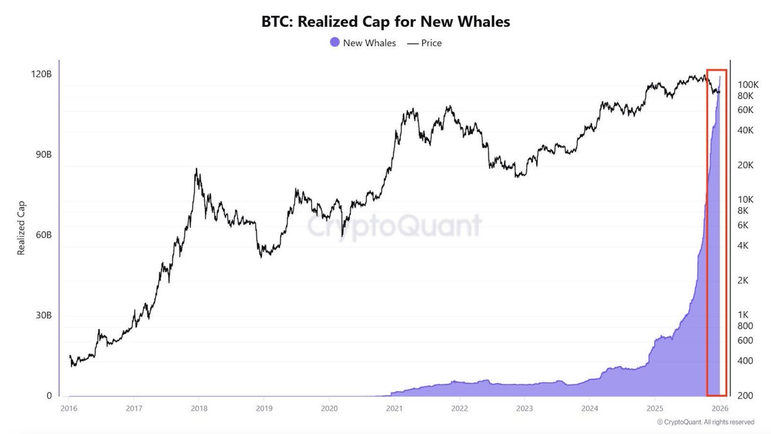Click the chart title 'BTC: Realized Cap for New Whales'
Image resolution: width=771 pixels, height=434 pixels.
coord(385,21)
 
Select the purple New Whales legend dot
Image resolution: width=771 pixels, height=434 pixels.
coord(334,43)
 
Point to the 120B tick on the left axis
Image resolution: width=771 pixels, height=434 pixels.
coord(42,74)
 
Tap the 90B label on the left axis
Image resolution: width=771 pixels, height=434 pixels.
coord(42,155)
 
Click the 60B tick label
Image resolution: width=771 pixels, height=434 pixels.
coord(42,235)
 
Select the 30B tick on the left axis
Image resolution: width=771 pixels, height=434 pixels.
coord(42,316)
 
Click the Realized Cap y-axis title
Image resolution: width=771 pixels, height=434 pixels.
coord(21,227)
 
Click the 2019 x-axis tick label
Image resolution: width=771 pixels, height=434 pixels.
coord(263,408)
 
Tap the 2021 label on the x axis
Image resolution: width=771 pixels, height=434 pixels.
coord(394,408)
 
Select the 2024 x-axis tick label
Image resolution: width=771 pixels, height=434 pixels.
coord(589,408)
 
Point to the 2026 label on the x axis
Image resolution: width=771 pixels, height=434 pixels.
coord(720,408)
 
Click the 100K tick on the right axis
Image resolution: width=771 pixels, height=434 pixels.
coord(749,85)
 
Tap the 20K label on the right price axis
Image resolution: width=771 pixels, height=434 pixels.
coord(747,165)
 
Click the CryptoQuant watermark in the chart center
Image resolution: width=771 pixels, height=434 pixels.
coord(393,226)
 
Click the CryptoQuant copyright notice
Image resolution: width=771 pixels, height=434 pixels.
coord(705,422)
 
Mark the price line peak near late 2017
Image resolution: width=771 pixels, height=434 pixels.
coord(197,169)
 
